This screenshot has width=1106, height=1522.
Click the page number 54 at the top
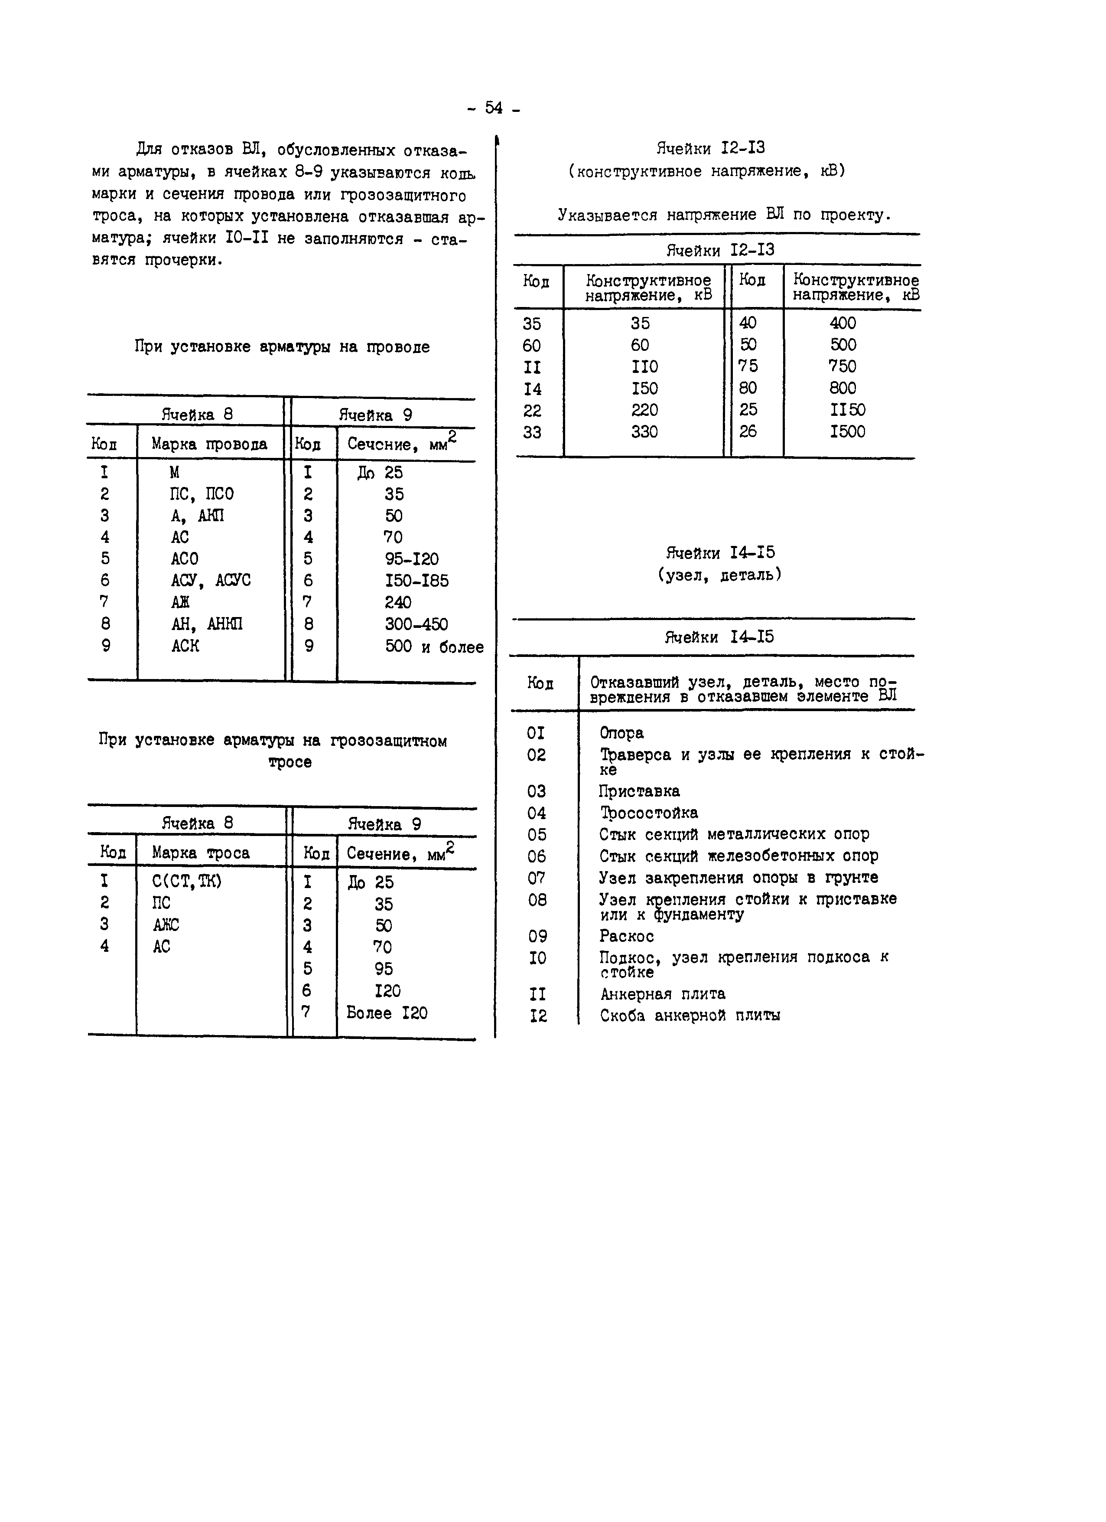(x=494, y=108)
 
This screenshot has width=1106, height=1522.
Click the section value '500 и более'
(x=434, y=647)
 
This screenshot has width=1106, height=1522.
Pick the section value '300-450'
(x=416, y=624)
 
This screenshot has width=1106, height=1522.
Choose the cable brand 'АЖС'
(x=166, y=925)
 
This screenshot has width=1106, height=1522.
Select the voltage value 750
(x=843, y=366)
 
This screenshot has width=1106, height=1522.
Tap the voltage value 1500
(x=847, y=431)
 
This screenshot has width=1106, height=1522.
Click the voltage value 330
(x=644, y=431)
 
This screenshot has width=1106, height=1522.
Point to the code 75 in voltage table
(x=748, y=366)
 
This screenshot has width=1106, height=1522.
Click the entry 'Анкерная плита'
(x=662, y=994)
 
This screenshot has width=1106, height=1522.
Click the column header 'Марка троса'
(x=201, y=853)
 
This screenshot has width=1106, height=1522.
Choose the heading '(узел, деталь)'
(x=720, y=575)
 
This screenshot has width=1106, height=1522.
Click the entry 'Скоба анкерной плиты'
(x=690, y=1016)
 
